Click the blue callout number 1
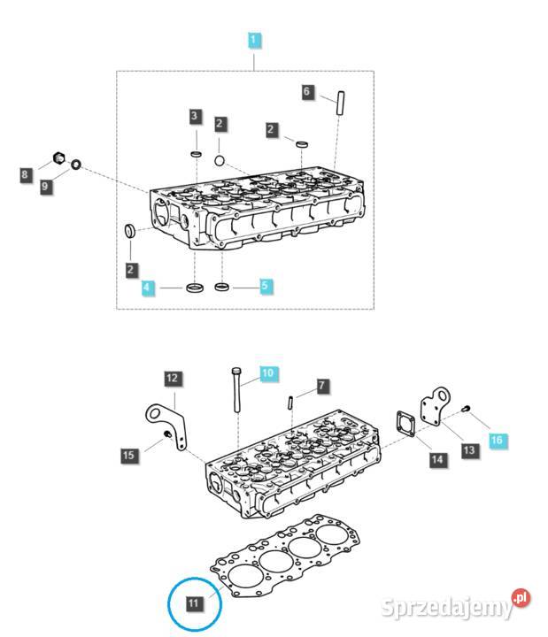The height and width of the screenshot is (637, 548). [254, 40]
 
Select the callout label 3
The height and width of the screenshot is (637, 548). [195, 116]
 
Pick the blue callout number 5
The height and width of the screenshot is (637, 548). [265, 286]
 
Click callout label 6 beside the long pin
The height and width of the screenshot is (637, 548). [307, 91]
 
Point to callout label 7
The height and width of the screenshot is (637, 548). [322, 386]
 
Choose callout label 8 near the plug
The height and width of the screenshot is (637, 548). [26, 175]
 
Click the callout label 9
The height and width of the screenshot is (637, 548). [45, 188]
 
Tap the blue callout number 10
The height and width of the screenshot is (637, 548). [267, 372]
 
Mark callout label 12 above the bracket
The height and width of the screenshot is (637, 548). [173, 379]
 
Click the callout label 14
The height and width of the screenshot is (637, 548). [436, 460]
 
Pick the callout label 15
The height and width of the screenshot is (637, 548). [129, 455]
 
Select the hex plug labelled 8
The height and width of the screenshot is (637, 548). [60, 159]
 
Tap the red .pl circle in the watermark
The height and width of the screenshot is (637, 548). [521, 599]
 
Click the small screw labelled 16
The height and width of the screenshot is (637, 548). [467, 410]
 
